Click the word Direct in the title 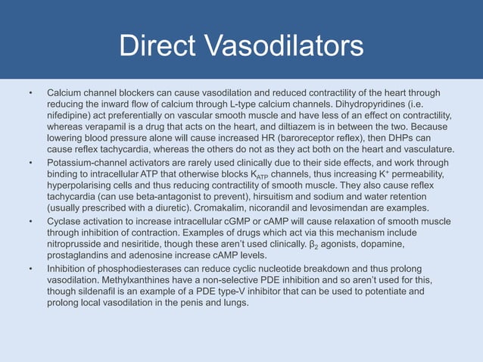(x=160, y=46)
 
